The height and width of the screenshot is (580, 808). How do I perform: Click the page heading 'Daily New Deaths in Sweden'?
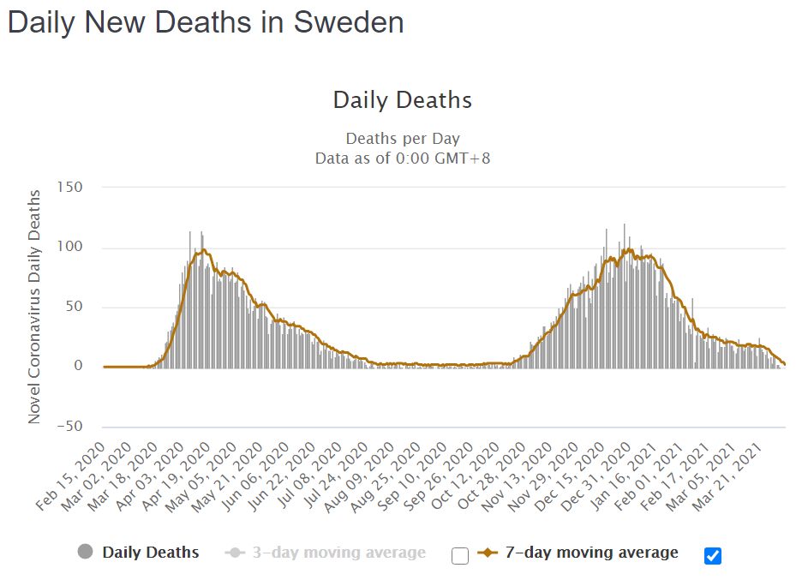coord(206,23)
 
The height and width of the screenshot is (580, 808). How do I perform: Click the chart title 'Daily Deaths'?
coord(403,99)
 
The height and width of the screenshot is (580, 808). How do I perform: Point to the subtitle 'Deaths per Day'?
coord(403,139)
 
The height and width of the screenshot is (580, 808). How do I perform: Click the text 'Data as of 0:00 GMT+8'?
coord(403,158)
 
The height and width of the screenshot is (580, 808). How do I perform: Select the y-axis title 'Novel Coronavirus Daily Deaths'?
coord(35,307)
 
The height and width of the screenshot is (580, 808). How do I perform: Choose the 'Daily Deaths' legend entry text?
coord(151,553)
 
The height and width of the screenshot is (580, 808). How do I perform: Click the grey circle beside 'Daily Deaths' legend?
coord(85,553)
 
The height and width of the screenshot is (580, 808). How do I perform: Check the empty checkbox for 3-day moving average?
coord(460,556)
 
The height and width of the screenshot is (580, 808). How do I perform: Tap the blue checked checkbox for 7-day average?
coord(713,556)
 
